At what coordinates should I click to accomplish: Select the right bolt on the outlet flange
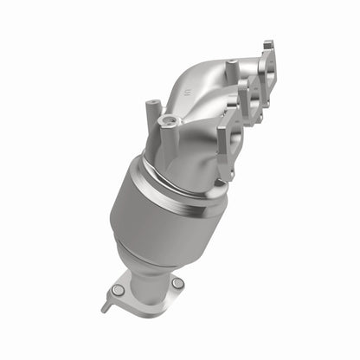tap(177, 283)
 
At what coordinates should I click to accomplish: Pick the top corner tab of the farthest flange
tap(268, 43)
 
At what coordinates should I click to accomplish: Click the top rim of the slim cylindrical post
tap(152, 106)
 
